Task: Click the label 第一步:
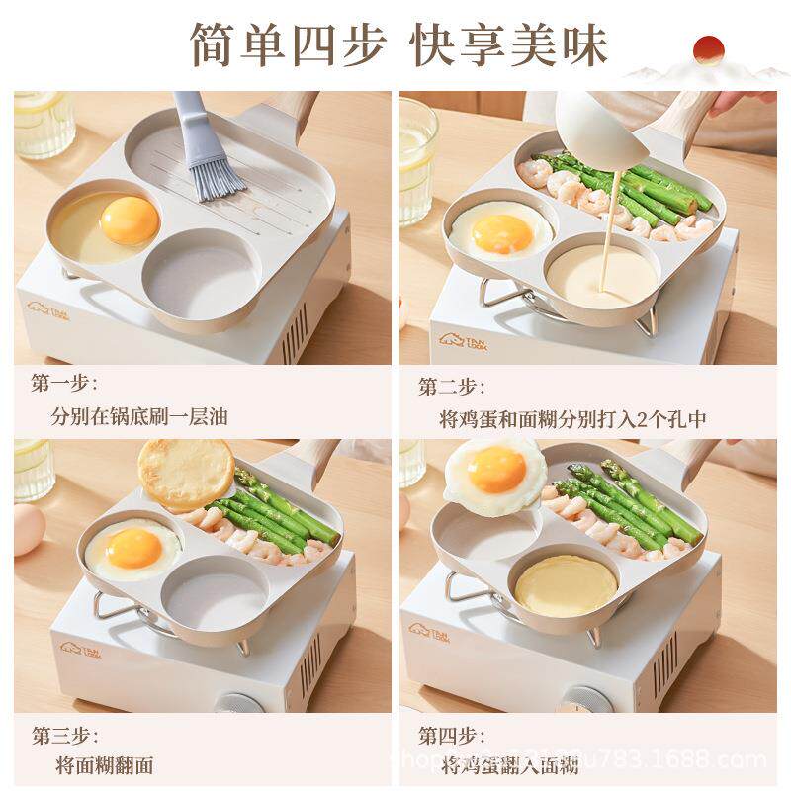(64, 384)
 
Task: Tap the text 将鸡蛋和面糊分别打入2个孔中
(572, 418)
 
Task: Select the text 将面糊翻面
(105, 765)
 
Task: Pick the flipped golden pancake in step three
(185, 473)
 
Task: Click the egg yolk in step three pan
(132, 547)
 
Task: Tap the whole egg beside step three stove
(29, 529)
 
